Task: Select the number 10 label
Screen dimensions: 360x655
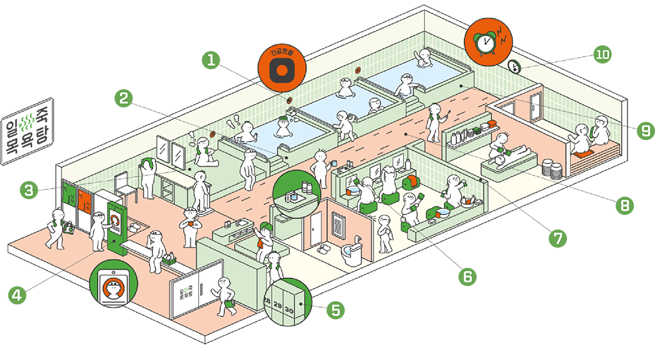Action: [602, 54]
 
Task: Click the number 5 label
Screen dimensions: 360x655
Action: [335, 311]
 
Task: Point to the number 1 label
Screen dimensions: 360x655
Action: [210, 61]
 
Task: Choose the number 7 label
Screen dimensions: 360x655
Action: [558, 239]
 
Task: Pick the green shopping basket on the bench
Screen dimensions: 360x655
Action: [170, 258]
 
